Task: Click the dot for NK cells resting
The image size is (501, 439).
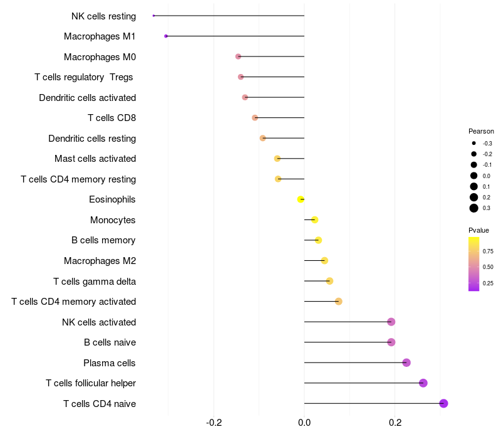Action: tap(153, 16)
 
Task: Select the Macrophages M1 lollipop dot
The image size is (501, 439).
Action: tap(166, 36)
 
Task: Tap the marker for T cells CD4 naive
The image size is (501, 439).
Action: tap(443, 403)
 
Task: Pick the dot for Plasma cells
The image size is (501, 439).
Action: tap(406, 362)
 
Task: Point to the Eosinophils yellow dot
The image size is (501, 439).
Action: tap(301, 199)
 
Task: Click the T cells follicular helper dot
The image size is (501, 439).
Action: tap(423, 383)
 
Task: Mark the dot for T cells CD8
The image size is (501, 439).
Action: tap(255, 118)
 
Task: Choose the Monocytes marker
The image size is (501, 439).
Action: tap(314, 219)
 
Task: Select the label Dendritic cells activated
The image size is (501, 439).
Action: tap(87, 98)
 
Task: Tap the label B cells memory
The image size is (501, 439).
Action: tap(103, 240)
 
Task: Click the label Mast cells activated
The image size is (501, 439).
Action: tap(95, 159)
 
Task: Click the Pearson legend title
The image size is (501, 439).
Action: tap(481, 132)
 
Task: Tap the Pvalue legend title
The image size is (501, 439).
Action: tap(478, 230)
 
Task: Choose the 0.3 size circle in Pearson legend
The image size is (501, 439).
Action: tap(474, 208)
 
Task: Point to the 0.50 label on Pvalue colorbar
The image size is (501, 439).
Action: tap(487, 267)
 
